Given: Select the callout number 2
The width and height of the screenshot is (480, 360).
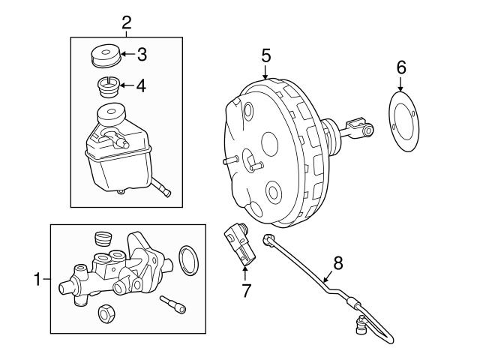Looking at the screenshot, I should pos(125,21).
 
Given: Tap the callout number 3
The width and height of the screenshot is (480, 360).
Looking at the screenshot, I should pos(141,54).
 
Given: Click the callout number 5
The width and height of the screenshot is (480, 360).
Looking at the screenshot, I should pos(265,55).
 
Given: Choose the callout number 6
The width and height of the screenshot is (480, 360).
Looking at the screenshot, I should pos(400,68).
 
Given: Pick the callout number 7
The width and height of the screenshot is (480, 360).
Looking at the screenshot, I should pos(244,289).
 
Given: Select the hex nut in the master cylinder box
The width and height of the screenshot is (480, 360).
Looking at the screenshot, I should pos(106,313).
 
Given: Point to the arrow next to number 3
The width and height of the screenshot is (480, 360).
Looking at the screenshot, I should pos(126,54).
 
